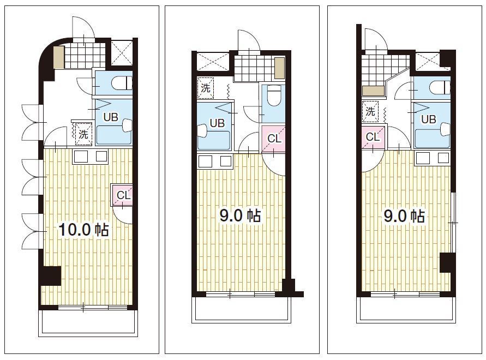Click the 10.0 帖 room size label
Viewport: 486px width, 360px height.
pos(83,230)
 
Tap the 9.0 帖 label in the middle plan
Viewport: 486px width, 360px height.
pos(240,215)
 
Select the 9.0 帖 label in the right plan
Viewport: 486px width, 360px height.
pos(404,216)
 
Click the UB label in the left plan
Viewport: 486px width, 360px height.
pos(111,117)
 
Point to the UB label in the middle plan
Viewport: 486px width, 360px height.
pos(217,123)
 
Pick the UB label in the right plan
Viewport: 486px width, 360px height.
pos(429,119)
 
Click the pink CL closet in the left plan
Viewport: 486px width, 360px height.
pos(122,195)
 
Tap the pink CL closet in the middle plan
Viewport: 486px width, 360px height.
pos(273,139)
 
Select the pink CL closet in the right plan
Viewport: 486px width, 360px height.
pos(373,136)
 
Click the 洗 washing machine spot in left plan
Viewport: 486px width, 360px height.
pos(83,134)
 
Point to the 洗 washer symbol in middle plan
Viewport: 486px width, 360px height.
pos(206,88)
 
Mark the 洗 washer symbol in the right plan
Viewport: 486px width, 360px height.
pos(370,112)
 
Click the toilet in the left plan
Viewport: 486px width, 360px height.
pos(121,83)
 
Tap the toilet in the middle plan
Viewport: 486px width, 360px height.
pos(274,95)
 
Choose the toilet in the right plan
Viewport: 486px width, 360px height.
pos(440,88)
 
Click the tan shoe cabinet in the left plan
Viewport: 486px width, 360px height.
pos(58,57)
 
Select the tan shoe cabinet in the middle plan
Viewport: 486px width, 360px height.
pos(280,68)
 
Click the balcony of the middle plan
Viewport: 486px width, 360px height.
pos(242,309)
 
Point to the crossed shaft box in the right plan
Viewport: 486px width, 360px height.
pos(428,62)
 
